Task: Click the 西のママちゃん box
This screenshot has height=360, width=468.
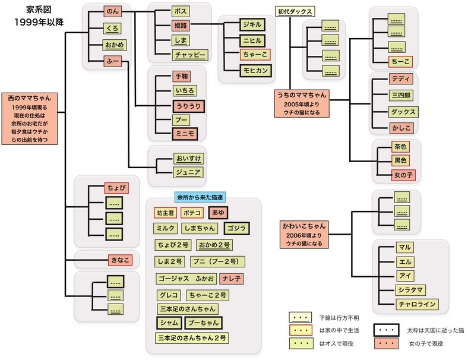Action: (x=34, y=119)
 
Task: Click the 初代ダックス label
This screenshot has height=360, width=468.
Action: (x=295, y=11)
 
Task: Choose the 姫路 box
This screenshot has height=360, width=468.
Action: (x=180, y=26)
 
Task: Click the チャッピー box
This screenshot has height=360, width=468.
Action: (x=190, y=55)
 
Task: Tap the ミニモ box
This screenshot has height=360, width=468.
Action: (x=184, y=134)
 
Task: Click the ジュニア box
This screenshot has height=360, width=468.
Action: (x=187, y=173)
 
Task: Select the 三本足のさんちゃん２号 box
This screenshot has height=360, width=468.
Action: (x=192, y=338)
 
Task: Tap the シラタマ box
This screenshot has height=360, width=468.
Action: (x=413, y=290)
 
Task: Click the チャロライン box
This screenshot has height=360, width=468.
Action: (x=417, y=305)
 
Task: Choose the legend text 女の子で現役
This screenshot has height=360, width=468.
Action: (x=426, y=343)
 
